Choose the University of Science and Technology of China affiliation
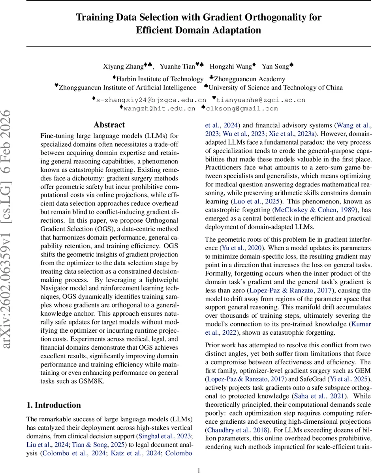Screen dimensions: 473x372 [x=276, y=88]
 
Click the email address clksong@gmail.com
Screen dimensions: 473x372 [x=242, y=108]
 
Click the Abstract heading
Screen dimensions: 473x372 [x=109, y=125]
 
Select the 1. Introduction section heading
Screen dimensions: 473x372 [x=53, y=405]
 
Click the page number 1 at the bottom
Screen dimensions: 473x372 [x=199, y=459]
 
